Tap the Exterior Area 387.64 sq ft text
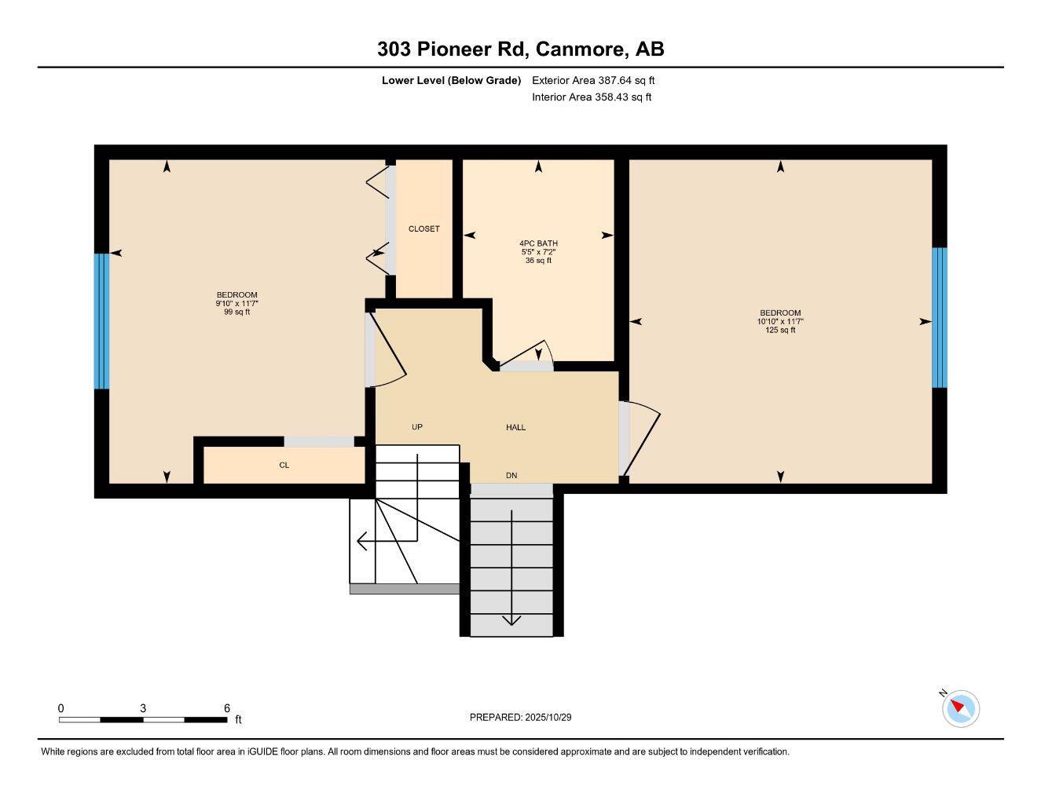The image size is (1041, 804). [593, 80]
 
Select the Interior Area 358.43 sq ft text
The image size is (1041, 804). [592, 97]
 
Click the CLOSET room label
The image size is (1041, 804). [423, 229]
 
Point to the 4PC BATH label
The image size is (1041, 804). [538, 243]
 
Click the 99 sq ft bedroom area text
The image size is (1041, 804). [236, 312]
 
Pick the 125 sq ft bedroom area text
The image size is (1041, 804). [780, 331]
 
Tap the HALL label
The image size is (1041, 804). [515, 427]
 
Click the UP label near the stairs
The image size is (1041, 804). [417, 427]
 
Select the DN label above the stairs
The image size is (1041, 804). [511, 476]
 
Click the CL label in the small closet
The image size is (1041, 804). [284, 466]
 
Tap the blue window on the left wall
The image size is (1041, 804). [101, 321]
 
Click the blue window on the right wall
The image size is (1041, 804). [940, 318]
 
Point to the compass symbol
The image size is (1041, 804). [960, 708]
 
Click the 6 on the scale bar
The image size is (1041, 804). [227, 708]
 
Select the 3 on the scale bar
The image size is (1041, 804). [143, 708]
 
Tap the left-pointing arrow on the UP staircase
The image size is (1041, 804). [363, 541]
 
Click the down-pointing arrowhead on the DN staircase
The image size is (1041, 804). [511, 620]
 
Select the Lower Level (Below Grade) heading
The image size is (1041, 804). [451, 80]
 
